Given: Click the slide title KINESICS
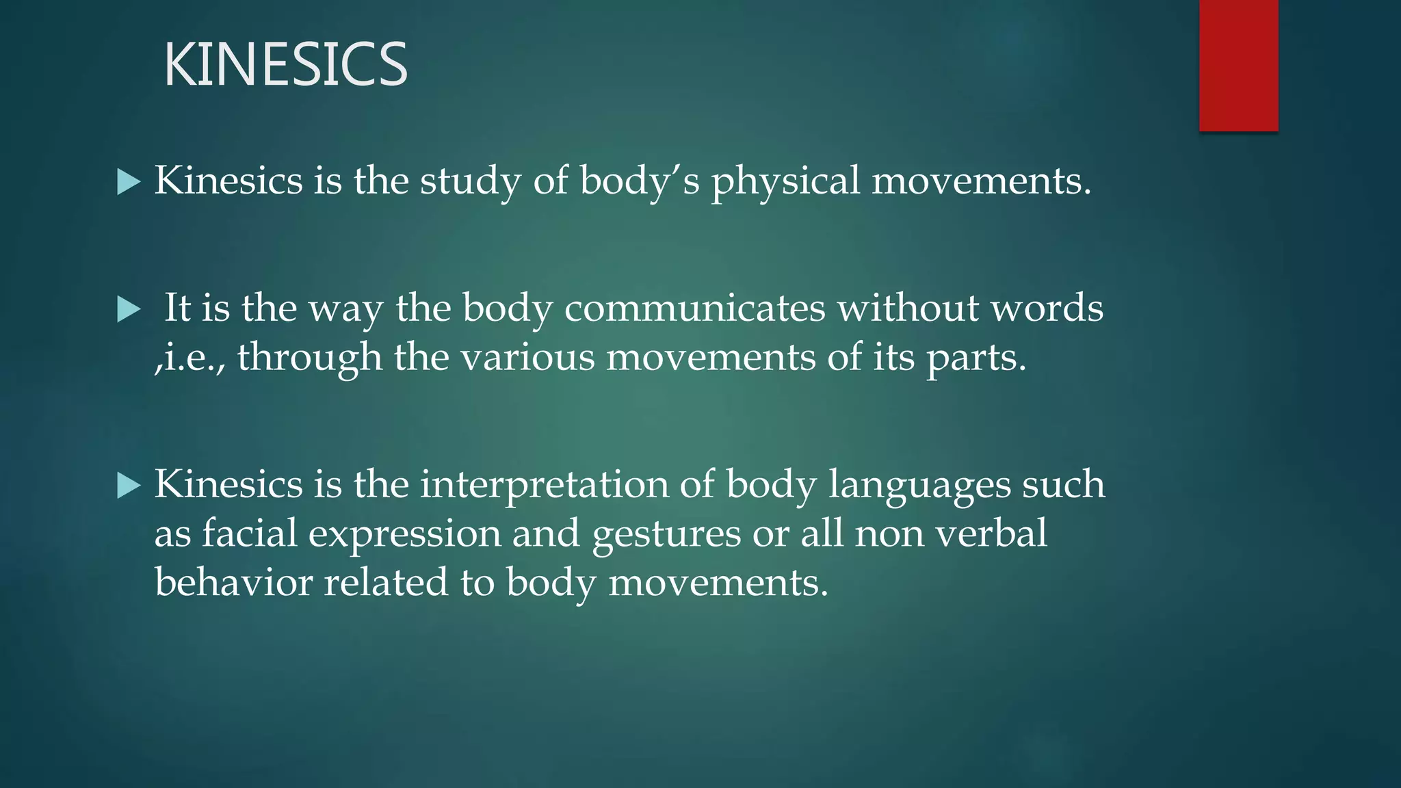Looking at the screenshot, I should tap(285, 64).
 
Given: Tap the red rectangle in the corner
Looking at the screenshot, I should tap(1238, 65).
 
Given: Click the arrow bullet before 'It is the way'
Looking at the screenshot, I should tap(129, 309).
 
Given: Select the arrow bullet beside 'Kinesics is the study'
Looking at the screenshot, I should tap(129, 182).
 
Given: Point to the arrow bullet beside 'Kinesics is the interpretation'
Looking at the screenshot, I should tap(129, 486).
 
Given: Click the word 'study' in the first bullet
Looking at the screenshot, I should tap(470, 182).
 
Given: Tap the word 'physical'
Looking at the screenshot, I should tap(785, 182).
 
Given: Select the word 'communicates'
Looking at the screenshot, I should tap(694, 308).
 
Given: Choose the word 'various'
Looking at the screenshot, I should tap(527, 358).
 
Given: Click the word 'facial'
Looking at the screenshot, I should tap(249, 534).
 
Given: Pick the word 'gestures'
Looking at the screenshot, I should tap(666, 535).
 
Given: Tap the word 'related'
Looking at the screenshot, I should tap(386, 583).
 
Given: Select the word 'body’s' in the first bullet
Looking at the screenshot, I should tap(640, 182).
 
